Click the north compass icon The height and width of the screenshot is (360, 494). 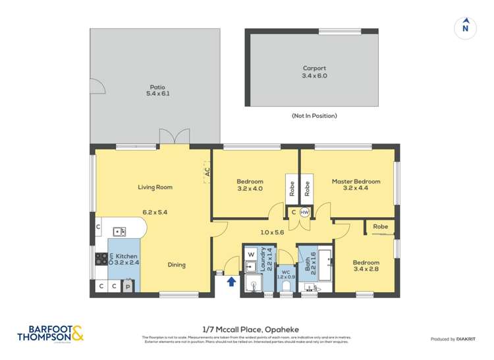pyautogui.click(x=466, y=27)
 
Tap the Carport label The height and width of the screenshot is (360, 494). pyautogui.click(x=314, y=72)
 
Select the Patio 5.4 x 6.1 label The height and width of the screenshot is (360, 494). pyautogui.click(x=157, y=90)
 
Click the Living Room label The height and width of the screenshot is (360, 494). pyautogui.click(x=155, y=187)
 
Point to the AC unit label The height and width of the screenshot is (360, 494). pyautogui.click(x=207, y=171)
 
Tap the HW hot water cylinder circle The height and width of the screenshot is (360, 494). pyautogui.click(x=304, y=213)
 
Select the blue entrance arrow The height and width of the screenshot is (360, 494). pyautogui.click(x=231, y=282)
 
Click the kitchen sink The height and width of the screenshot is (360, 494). pyautogui.click(x=119, y=231)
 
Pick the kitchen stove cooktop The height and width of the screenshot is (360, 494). pyautogui.click(x=101, y=259)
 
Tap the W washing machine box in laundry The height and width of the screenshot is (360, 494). pyautogui.click(x=251, y=253)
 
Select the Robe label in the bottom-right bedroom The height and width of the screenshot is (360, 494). pyautogui.click(x=380, y=226)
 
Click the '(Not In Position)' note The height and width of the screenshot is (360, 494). pyautogui.click(x=314, y=116)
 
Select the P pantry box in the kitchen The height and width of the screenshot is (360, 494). pyautogui.click(x=128, y=286)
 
